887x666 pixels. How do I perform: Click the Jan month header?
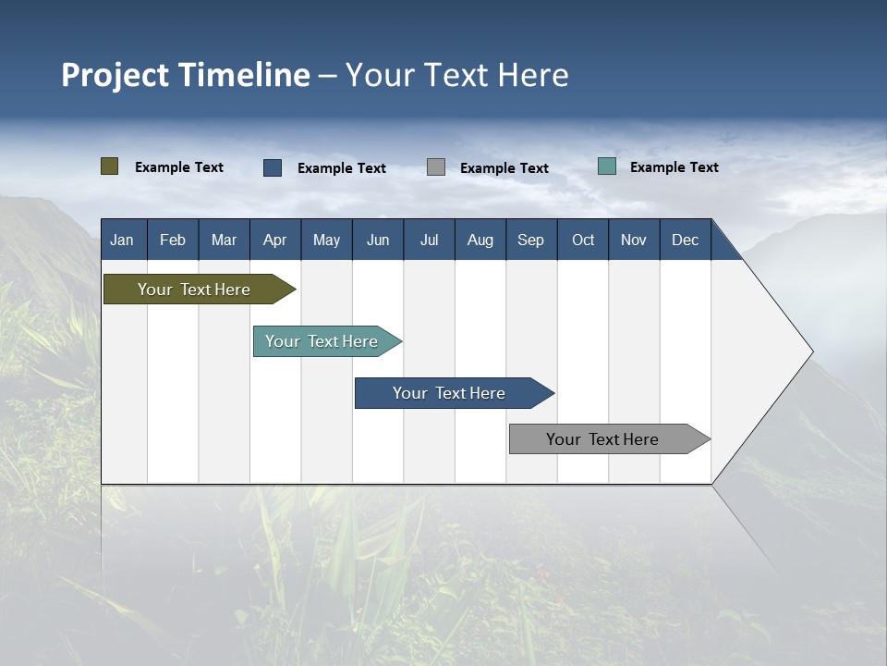click(122, 240)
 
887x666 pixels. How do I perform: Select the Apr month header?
click(274, 240)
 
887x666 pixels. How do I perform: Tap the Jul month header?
click(429, 240)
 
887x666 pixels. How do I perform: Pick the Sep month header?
click(530, 240)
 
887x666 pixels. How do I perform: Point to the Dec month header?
click(685, 240)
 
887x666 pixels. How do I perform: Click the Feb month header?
click(173, 240)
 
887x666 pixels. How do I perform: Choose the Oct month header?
click(583, 240)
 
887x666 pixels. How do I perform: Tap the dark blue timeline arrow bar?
click(450, 393)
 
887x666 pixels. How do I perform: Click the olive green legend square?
click(110, 166)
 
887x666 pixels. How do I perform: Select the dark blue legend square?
click(273, 167)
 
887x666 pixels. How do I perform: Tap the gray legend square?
click(436, 167)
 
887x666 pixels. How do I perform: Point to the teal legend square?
click(607, 166)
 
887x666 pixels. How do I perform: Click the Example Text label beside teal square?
click(674, 167)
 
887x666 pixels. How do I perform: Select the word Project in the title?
click(115, 75)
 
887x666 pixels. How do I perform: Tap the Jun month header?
click(378, 240)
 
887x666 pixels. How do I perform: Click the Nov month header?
click(634, 240)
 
